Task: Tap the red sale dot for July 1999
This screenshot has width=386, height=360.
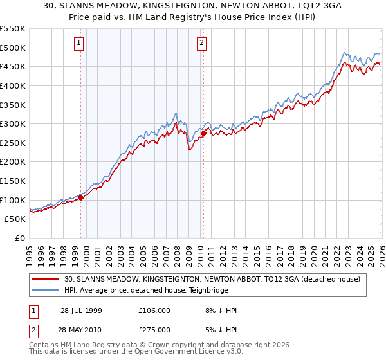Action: tap(81, 198)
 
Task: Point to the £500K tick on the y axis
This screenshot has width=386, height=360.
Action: tap(13, 48)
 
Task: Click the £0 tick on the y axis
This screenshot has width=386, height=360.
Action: tap(21, 239)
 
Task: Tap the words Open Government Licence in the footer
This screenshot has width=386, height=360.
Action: tap(177, 353)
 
